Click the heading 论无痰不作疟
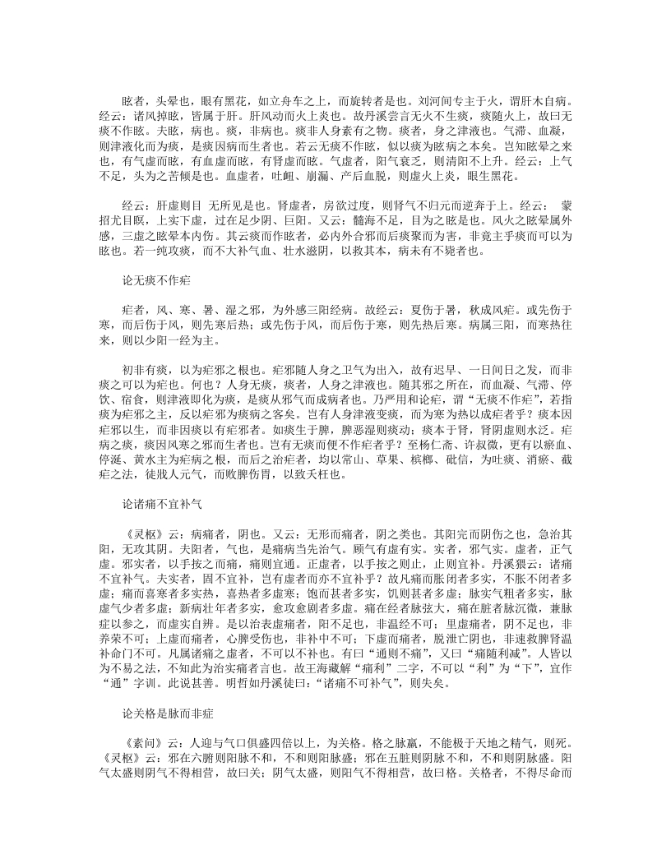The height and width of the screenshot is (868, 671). [156, 281]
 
